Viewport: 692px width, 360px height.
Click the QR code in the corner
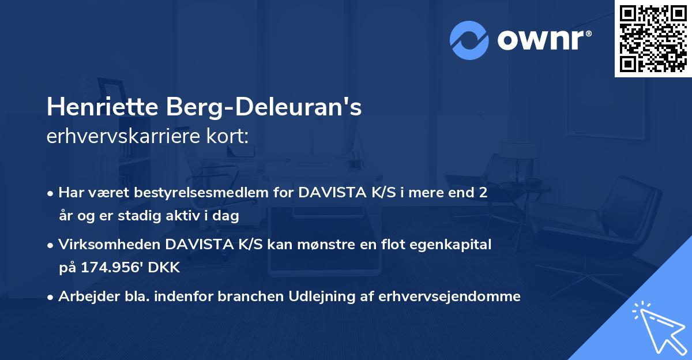(653, 39)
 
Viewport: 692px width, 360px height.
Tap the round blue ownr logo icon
(469, 40)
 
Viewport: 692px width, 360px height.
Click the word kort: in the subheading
(228, 137)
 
